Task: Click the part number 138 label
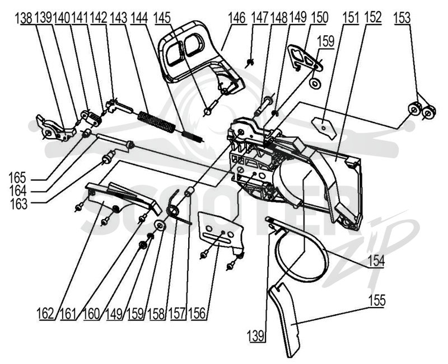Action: point(26,19)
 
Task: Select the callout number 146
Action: point(237,18)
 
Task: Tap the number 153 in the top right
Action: point(402,18)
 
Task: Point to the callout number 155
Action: point(377,300)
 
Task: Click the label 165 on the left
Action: point(17,177)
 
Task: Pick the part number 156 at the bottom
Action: point(198,314)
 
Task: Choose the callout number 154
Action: point(376,261)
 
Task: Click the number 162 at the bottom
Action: point(45,314)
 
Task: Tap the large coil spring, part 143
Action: point(156,122)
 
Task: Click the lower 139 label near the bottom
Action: point(257,335)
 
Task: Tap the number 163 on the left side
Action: point(18,204)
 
